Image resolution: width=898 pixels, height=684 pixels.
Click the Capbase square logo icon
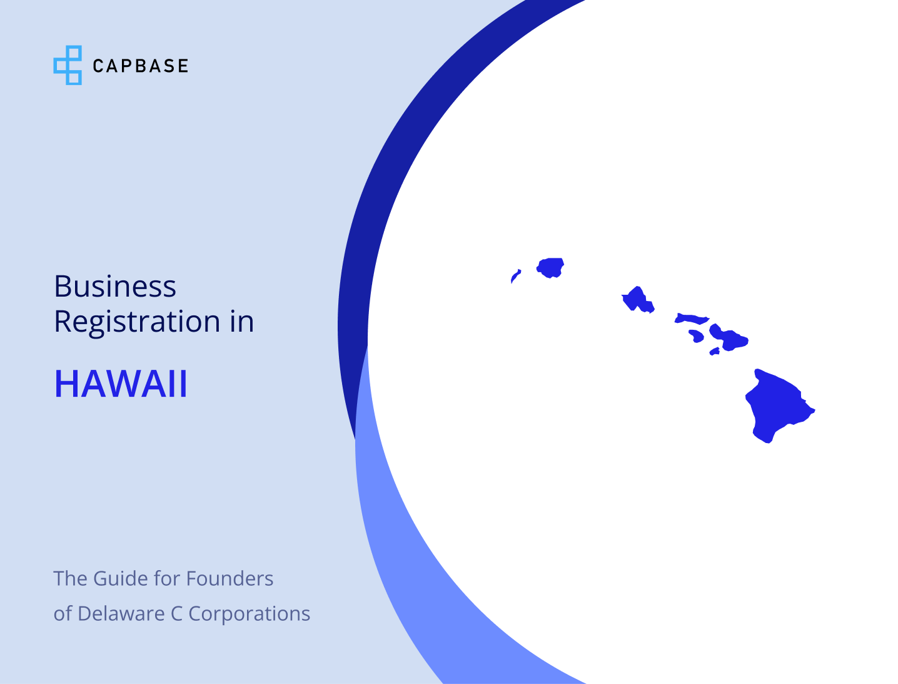coord(68,65)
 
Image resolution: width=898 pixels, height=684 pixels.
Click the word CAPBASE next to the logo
coord(140,66)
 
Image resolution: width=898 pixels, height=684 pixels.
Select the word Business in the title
coord(115,287)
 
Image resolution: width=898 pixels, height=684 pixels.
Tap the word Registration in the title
coord(137,322)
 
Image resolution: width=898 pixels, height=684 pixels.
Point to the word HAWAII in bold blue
coord(121,384)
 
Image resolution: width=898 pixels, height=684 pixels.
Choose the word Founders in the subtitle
coord(230,579)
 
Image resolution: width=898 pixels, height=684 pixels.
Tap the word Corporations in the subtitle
coord(250,614)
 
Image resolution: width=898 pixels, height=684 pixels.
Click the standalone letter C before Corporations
coord(176,614)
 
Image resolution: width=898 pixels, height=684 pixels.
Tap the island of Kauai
coord(551,267)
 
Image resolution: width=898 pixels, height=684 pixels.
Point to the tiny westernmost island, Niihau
coord(515,275)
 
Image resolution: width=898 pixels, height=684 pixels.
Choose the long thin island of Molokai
coord(691,319)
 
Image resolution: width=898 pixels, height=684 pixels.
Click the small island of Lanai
coord(696,335)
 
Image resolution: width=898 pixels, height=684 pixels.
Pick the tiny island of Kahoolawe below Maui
coord(715,352)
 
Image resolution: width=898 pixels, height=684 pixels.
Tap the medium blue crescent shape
coord(400,563)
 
